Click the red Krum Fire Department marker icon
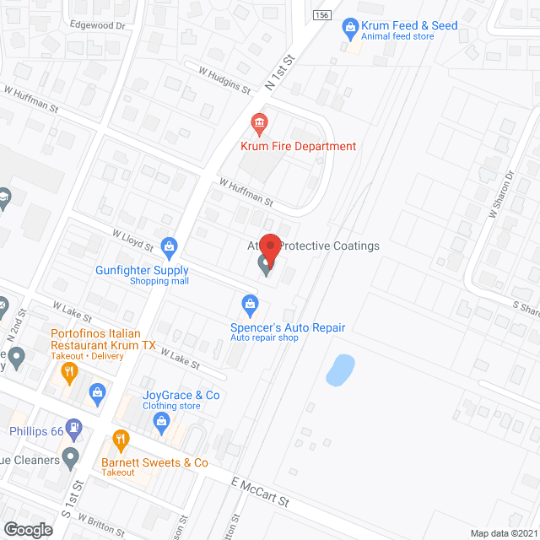[x=260, y=125]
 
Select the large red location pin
[x=269, y=248]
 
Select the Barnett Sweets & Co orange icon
[x=121, y=439]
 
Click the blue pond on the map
[x=339, y=369]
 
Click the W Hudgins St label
[x=224, y=81]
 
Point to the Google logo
[x=27, y=530]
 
